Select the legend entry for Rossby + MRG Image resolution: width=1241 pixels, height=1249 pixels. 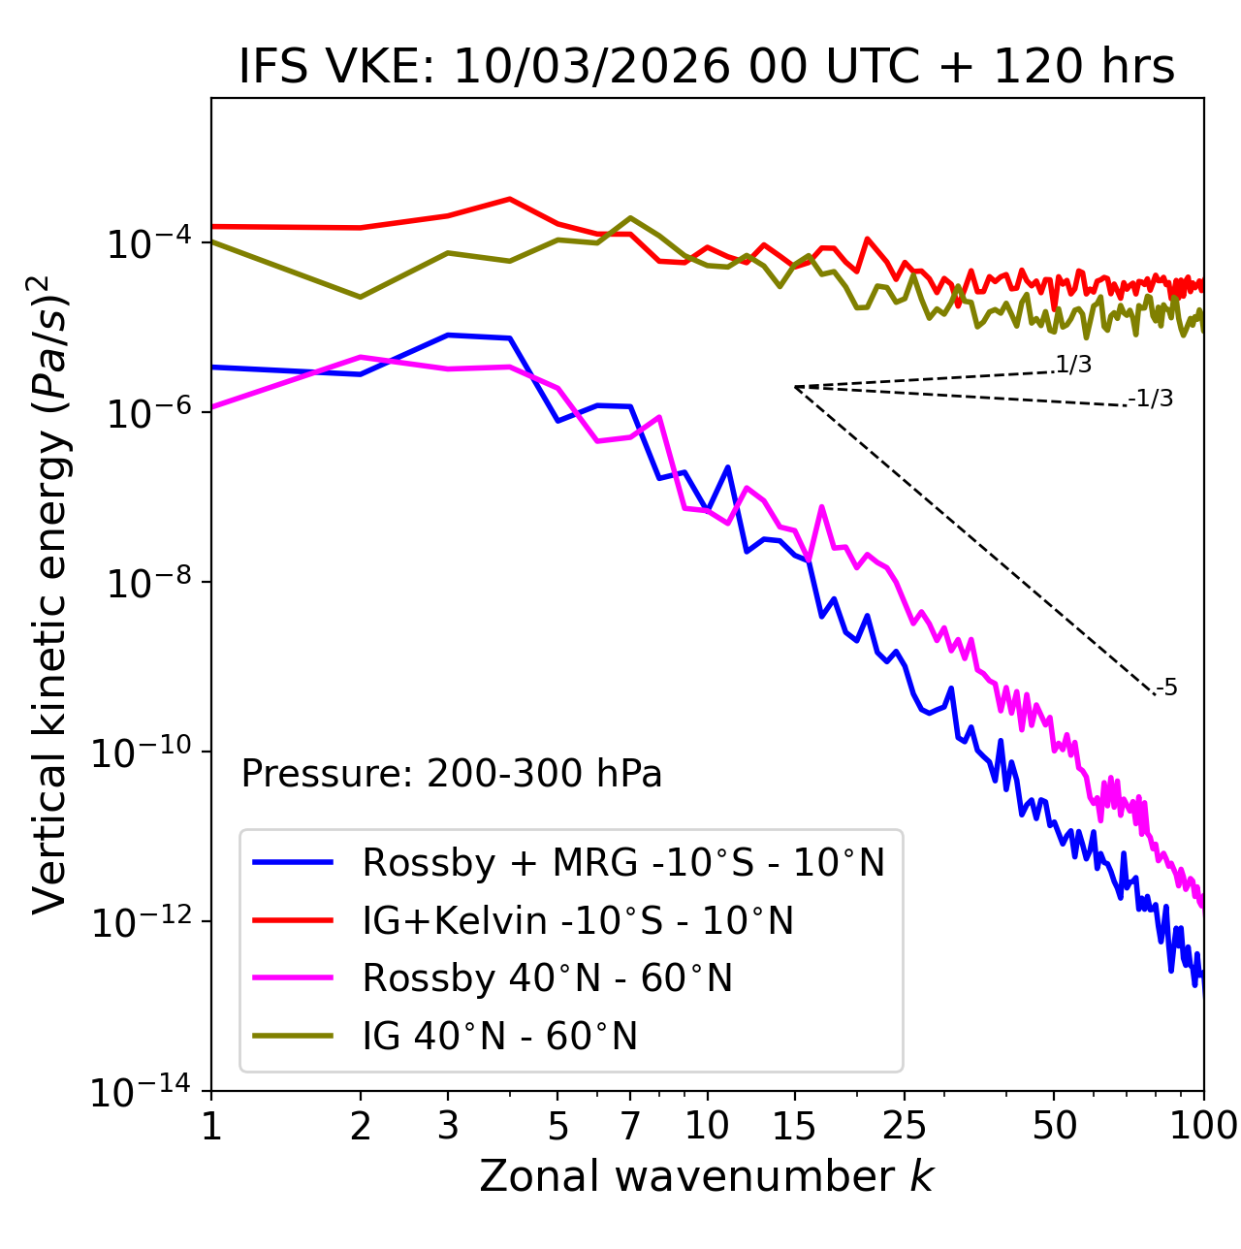622,862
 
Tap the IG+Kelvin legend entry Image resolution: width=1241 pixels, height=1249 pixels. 578,920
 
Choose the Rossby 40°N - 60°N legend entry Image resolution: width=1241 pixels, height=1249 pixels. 547,978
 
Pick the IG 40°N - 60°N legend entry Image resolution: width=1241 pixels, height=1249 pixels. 499,1037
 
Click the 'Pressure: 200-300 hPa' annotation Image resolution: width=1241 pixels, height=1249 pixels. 452,774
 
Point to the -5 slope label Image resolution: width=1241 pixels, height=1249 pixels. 1166,689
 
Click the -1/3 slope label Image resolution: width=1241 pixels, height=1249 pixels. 1151,399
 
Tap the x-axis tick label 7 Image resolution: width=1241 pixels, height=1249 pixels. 630,1126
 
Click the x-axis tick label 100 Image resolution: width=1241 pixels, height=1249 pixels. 1202,1126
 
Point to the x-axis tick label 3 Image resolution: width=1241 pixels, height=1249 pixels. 447,1126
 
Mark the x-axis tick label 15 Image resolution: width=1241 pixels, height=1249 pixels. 794,1126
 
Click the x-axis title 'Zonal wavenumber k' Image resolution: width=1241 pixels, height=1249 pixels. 706,1176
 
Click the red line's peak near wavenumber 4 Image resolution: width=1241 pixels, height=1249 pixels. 510,199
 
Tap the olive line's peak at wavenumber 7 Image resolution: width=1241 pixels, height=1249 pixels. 630,217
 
